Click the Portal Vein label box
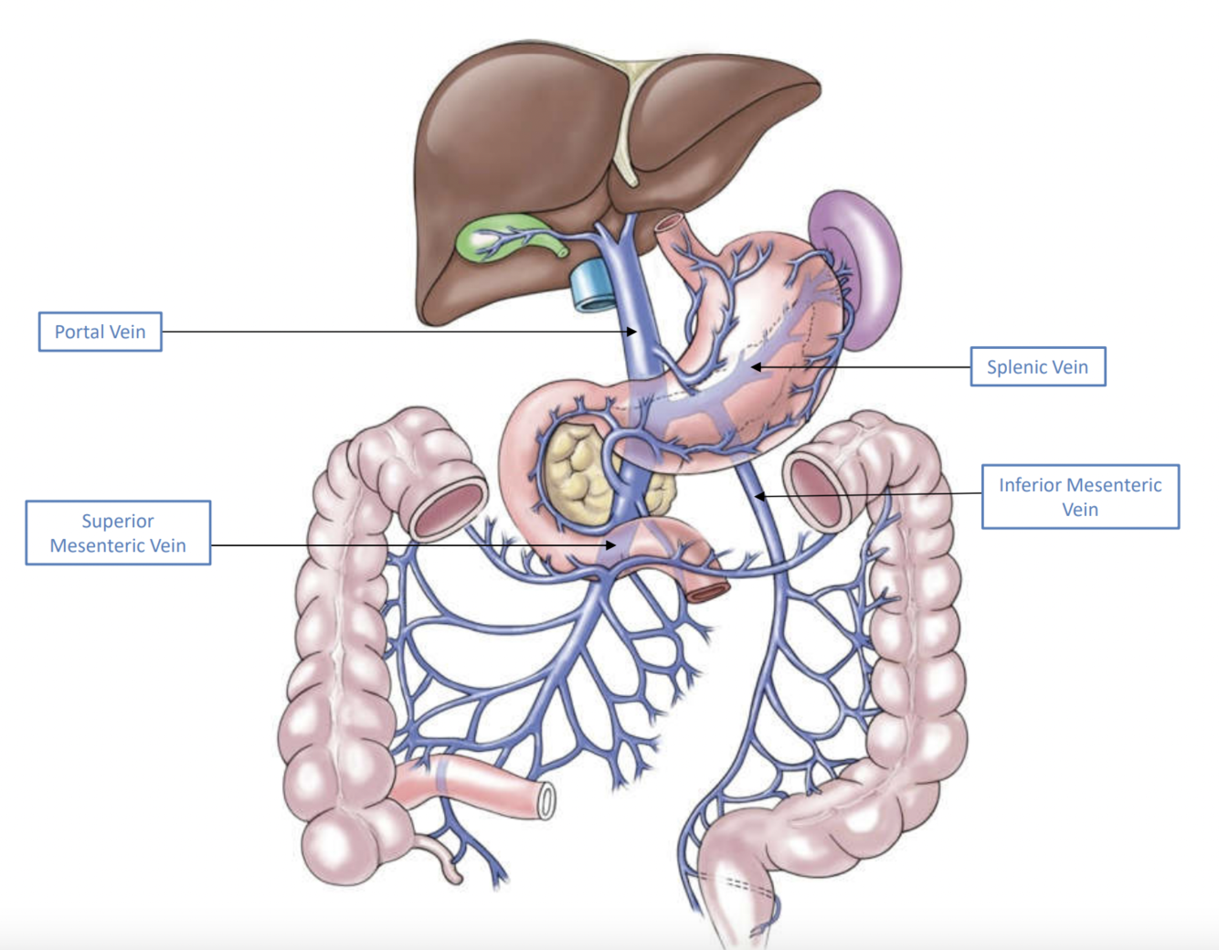[x=100, y=332]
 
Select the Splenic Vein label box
[x=1037, y=366]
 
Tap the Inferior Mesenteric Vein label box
[x=1080, y=497]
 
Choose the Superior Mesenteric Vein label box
[x=118, y=533]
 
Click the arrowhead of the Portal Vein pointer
[x=632, y=332]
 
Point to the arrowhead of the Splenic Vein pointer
[x=756, y=367]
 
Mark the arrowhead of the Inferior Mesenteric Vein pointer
[x=758, y=496]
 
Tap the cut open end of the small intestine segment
[x=546, y=801]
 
